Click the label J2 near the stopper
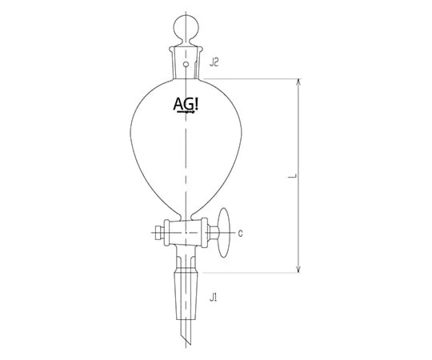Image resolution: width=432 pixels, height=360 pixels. pyautogui.click(x=214, y=63)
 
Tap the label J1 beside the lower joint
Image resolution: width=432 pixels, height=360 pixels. pyautogui.click(x=213, y=298)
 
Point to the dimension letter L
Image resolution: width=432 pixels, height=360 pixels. pyautogui.click(x=292, y=176)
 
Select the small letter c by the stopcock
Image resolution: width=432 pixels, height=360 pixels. pyautogui.click(x=240, y=234)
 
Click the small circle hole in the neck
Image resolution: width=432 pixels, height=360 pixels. pyautogui.click(x=186, y=65)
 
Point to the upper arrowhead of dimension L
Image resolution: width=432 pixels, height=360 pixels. pyautogui.click(x=298, y=83)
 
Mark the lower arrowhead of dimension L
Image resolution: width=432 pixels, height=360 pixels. pyautogui.click(x=298, y=269)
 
